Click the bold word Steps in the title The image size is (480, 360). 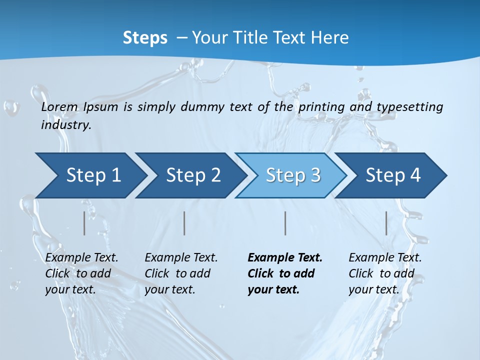[145, 38]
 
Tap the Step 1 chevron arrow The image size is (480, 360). [90, 175]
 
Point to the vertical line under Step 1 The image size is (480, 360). [84, 223]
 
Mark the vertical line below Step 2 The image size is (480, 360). [184, 223]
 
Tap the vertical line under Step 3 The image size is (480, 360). [285, 223]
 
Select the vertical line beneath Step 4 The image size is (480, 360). [386, 223]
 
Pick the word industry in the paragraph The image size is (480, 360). [65, 125]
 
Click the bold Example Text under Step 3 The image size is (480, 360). [285, 258]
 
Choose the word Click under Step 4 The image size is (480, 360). [360, 274]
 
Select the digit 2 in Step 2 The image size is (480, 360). [215, 175]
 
